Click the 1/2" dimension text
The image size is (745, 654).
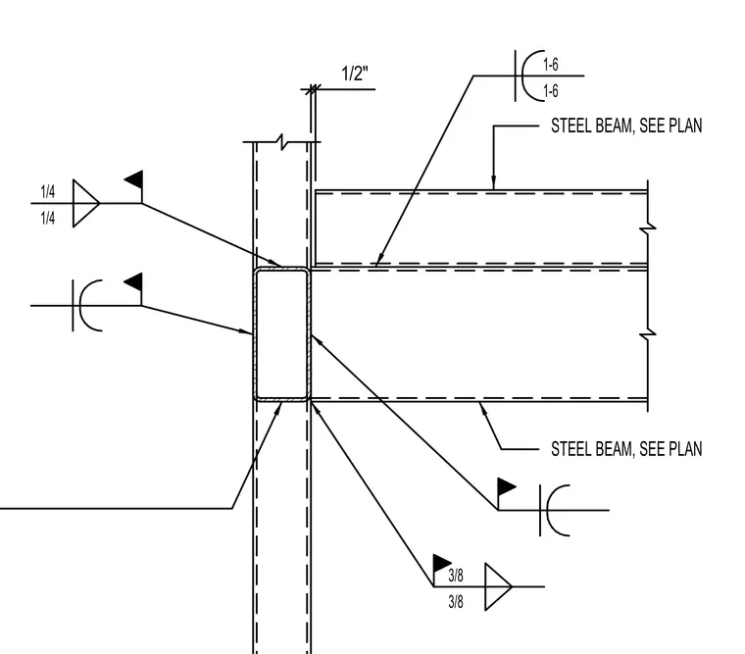click(x=355, y=74)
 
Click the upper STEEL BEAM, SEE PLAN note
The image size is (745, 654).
click(x=626, y=126)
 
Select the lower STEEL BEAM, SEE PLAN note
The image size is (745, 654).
click(x=626, y=449)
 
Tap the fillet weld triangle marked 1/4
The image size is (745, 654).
click(x=85, y=203)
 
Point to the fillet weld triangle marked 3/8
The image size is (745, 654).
click(x=498, y=586)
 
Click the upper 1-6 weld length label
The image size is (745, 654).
click(x=551, y=65)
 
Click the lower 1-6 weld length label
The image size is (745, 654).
click(x=551, y=91)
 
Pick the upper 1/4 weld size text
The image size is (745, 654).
click(x=47, y=192)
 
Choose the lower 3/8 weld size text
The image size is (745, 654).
click(x=456, y=602)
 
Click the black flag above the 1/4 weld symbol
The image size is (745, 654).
click(x=133, y=180)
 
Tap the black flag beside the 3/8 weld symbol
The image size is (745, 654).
click(x=442, y=563)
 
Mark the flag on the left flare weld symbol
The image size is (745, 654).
click(x=133, y=282)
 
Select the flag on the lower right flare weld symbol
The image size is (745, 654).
click(x=507, y=487)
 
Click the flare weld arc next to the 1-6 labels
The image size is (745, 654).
click(x=522, y=75)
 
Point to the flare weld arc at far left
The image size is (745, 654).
click(x=81, y=306)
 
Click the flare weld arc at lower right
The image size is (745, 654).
click(x=549, y=511)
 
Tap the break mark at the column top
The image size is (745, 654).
click(x=282, y=141)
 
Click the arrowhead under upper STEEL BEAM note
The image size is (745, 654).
click(x=493, y=183)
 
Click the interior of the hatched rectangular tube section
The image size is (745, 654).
click(x=281, y=334)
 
